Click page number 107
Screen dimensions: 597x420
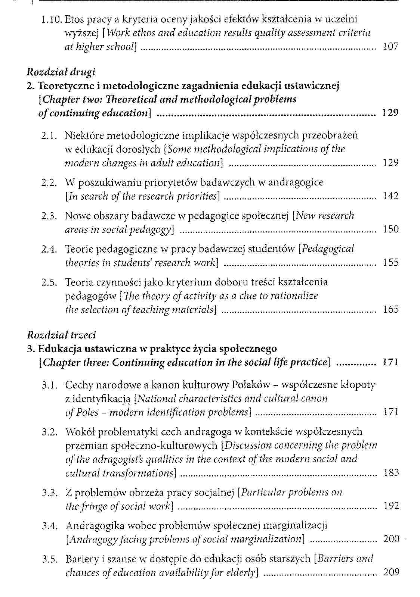(391, 47)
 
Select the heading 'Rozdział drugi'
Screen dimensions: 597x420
(61, 72)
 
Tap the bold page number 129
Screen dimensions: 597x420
(390, 113)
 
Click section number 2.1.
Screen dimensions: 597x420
(49, 135)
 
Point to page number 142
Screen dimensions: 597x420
(391, 196)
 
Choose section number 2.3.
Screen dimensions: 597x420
(49, 216)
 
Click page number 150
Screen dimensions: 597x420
(391, 229)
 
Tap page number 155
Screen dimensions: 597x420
(391, 262)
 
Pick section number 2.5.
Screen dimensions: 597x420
(49, 282)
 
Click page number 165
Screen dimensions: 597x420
(391, 309)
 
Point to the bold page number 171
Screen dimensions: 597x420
(390, 362)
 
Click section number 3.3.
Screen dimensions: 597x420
(49, 493)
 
